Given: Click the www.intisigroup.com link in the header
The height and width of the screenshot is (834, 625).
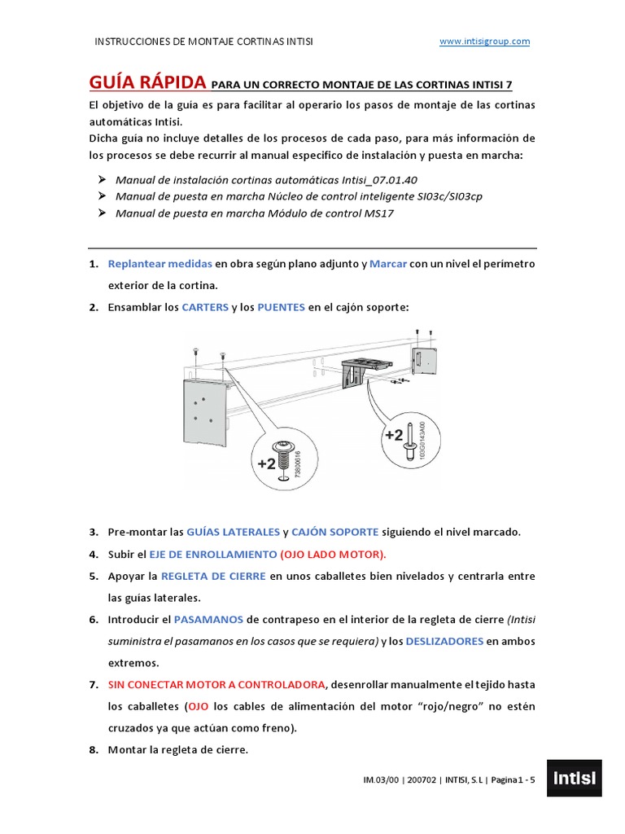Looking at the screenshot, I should pyautogui.click(x=484, y=42).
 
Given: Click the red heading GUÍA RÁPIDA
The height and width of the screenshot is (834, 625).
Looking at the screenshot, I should pyautogui.click(x=147, y=83).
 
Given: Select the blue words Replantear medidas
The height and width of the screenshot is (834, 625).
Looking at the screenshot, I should pyautogui.click(x=160, y=264).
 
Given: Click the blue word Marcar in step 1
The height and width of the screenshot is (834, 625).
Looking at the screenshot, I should pyautogui.click(x=387, y=264).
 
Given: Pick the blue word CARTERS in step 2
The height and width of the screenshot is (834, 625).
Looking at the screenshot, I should pyautogui.click(x=205, y=307).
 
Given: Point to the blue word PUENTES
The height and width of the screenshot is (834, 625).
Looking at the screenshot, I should pyautogui.click(x=281, y=307).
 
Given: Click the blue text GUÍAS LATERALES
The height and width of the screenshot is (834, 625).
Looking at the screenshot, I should pyautogui.click(x=233, y=532).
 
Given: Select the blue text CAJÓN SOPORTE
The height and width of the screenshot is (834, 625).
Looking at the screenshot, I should pyautogui.click(x=334, y=532).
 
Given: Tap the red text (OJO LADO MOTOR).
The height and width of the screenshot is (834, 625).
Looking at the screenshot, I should pyautogui.click(x=333, y=554).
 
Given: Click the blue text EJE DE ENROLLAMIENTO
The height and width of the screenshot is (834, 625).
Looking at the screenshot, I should pyautogui.click(x=213, y=554).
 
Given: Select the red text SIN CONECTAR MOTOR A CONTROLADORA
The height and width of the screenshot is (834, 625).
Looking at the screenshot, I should pyautogui.click(x=217, y=684).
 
